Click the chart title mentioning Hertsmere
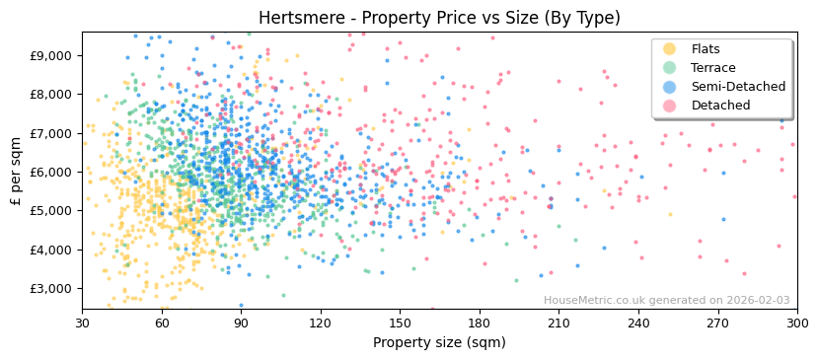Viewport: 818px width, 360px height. click(x=439, y=18)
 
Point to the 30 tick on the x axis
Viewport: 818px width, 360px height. click(x=82, y=323)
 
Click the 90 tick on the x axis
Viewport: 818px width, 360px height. click(x=241, y=323)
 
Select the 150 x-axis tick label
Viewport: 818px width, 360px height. click(x=400, y=323)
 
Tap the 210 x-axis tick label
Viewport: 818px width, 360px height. click(x=558, y=323)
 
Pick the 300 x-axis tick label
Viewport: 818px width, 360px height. click(x=796, y=323)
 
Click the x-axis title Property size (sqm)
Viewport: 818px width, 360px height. click(x=439, y=342)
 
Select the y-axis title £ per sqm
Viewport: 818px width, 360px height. click(x=17, y=172)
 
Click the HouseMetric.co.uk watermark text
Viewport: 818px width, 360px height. click(x=666, y=301)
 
